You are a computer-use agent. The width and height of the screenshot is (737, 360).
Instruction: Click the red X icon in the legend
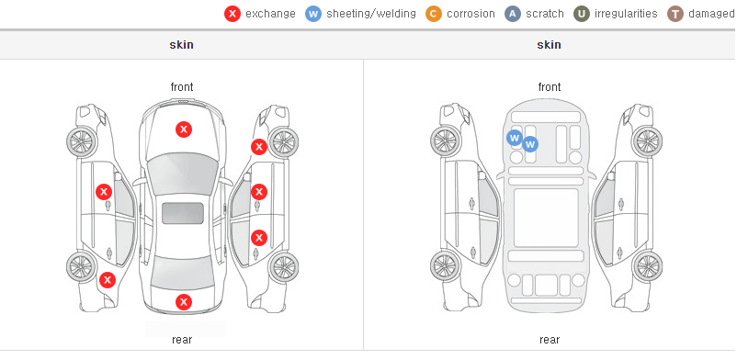coord(232,14)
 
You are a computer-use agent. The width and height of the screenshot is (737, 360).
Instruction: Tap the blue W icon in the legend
coord(313,14)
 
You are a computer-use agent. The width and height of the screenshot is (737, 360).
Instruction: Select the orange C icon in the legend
coord(434,14)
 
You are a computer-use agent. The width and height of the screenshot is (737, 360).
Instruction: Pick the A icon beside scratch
coord(513,14)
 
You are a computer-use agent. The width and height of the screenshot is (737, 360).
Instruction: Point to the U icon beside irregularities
coord(582,14)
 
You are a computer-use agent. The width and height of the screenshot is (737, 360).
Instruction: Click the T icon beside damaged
coord(675,14)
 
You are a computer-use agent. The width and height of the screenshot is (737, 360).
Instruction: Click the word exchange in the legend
coord(270,14)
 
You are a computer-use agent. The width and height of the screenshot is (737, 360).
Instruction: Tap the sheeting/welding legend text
coord(371,14)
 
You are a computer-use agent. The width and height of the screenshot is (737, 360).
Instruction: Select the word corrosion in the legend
coord(471,14)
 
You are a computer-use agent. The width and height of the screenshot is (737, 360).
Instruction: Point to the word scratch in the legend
coord(545,14)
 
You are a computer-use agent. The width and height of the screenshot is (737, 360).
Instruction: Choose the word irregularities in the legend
coord(626,14)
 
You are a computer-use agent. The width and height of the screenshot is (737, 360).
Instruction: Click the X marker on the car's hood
coord(184,129)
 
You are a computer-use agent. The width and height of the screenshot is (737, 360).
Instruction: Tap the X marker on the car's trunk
coord(184,302)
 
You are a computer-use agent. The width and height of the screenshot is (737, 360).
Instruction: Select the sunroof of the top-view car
coord(183,213)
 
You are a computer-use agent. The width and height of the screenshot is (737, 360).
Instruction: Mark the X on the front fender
coord(259,147)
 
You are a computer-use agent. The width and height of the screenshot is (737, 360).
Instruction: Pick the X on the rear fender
coord(108,281)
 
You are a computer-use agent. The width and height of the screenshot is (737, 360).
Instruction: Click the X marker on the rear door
coord(259,238)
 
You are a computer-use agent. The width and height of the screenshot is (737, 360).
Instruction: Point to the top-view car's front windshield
coord(183,174)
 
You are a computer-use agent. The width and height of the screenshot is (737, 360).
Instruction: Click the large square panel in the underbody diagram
coord(546,218)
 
